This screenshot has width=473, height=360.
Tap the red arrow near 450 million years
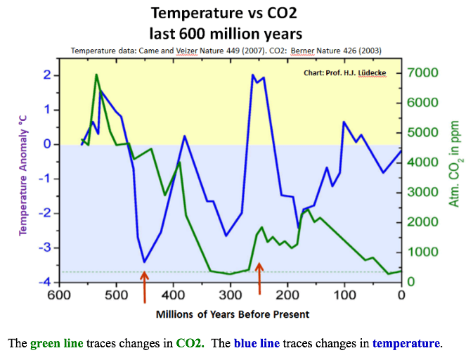(145, 288)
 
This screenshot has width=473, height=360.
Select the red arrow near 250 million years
(259, 278)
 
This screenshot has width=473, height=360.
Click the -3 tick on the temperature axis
(46, 247)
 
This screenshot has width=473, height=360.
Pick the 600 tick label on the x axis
(59, 295)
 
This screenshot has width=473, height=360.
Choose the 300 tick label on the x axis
(230, 295)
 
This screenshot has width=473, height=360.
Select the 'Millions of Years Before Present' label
(233, 314)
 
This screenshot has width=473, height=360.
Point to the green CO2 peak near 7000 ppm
(96, 75)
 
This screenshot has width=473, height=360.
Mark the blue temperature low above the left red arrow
(144, 262)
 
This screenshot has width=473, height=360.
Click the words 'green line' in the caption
(56, 344)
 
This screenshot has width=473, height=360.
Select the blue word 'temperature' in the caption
(406, 344)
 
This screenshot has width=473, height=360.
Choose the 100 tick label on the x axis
(344, 295)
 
